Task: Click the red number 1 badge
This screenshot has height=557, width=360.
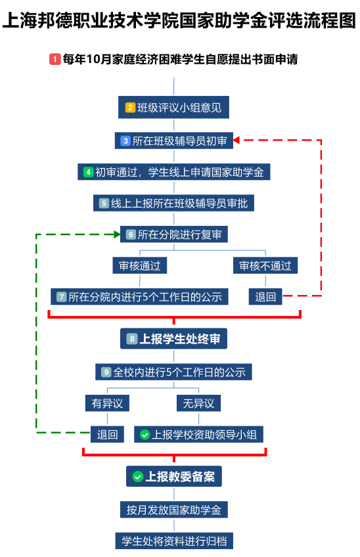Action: [55, 59]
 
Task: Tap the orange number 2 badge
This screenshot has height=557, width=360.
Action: [131, 107]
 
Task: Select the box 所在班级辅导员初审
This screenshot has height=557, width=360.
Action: [174, 141]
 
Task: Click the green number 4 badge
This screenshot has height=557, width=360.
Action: [88, 172]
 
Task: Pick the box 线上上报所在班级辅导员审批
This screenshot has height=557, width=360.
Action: [173, 203]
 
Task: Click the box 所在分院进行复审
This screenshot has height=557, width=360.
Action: [174, 234]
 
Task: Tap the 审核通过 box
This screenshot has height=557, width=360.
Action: [140, 265]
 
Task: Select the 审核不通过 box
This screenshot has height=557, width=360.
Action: [265, 265]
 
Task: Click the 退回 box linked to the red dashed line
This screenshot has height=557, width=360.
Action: [265, 297]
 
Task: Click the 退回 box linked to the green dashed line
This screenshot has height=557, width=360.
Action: [107, 434]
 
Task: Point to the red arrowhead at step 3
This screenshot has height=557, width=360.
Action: [236, 141]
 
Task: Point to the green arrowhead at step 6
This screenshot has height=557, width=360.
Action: [117, 234]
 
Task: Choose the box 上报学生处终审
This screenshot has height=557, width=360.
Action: [173, 338]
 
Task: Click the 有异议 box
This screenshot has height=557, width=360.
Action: [107, 403]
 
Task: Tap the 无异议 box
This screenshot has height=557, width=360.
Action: [198, 403]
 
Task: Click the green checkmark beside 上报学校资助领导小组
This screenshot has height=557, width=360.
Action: [145, 434]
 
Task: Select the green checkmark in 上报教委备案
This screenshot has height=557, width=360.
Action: [137, 476]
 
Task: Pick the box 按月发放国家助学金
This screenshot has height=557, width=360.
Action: [174, 510]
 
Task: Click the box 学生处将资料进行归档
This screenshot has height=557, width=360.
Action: [174, 541]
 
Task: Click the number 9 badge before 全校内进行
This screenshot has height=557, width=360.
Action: [106, 372]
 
